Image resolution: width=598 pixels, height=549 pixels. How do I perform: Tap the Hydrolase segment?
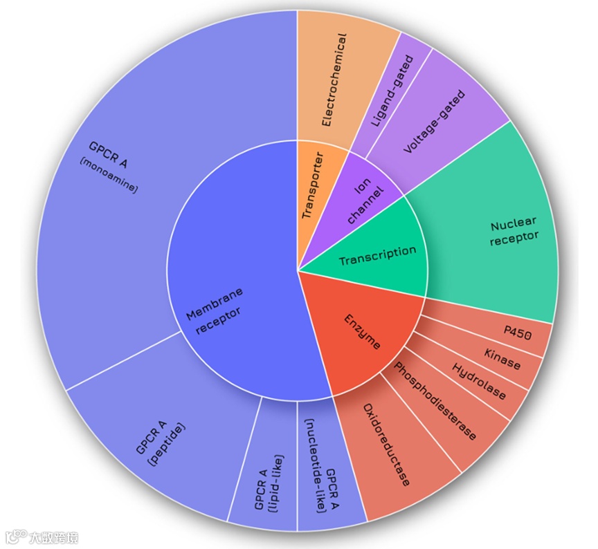click(x=480, y=381)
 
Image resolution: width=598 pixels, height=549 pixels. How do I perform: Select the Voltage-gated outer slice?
click(x=436, y=121)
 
